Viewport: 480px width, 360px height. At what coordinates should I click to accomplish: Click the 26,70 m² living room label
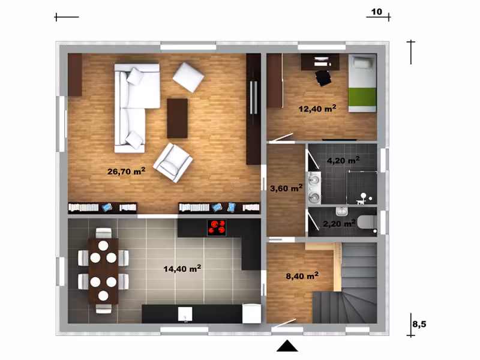(126, 171)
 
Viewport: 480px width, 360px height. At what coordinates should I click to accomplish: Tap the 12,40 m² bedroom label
(317, 109)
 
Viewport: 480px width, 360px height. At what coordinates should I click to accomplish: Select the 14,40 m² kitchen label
(182, 268)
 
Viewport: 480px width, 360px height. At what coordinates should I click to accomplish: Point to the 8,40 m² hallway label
(302, 275)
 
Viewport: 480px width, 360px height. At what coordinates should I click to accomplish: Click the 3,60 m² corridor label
(286, 188)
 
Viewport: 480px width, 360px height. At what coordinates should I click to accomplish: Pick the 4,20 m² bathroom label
(343, 160)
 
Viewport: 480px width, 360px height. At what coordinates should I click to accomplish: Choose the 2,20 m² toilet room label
(339, 223)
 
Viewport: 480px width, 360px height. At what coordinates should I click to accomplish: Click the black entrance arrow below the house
(287, 346)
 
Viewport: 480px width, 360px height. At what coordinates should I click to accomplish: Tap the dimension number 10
(377, 11)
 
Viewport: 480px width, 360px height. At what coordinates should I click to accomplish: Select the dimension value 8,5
(419, 324)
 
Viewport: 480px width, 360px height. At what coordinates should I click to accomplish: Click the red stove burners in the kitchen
(217, 227)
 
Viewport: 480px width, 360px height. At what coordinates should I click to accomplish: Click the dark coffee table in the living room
(177, 118)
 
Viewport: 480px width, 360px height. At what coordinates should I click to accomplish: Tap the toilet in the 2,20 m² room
(367, 222)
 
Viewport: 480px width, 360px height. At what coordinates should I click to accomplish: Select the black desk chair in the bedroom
(323, 78)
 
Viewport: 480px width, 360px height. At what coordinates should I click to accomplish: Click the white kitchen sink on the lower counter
(185, 314)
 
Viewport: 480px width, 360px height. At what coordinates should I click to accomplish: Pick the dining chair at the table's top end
(103, 233)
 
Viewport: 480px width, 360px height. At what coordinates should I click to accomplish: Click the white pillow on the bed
(363, 64)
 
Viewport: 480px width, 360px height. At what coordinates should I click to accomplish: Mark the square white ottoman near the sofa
(188, 77)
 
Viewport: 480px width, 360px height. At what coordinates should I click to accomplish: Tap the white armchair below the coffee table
(173, 163)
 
